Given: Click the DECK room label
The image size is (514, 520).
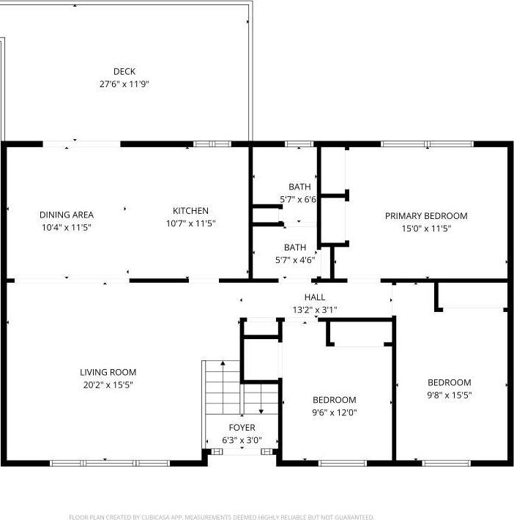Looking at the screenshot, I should (x=124, y=72).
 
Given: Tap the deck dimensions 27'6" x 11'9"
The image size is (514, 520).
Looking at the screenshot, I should (x=124, y=83).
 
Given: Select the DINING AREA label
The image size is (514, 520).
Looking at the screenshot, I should (x=67, y=215).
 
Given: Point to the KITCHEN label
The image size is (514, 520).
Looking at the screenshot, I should (x=190, y=211).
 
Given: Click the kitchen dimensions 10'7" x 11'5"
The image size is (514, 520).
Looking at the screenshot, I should (x=190, y=223).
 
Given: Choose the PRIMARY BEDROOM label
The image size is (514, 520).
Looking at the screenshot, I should (x=426, y=216).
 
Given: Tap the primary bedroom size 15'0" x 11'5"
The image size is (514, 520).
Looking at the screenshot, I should (x=426, y=229).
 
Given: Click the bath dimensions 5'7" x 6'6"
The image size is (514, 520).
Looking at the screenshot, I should (x=298, y=199).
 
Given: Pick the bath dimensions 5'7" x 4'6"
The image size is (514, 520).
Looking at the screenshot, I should (x=295, y=259).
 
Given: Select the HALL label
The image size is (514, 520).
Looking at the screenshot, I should (x=316, y=297).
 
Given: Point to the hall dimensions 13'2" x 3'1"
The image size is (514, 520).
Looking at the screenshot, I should (x=316, y=309).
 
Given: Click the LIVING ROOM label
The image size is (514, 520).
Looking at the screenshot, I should (x=108, y=372).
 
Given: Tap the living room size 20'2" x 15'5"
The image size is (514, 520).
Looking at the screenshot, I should (x=108, y=385).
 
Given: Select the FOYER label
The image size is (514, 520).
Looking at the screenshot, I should (x=242, y=428).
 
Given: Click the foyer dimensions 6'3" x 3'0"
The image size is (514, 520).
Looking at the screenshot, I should (x=242, y=440).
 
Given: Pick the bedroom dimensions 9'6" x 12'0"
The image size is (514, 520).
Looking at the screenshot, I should (x=335, y=412).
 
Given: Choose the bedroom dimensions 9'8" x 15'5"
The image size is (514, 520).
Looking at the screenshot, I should (x=450, y=395).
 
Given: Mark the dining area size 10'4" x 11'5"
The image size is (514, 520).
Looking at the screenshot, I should (x=67, y=227).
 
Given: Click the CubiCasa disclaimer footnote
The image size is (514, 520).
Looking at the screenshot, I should (x=222, y=517).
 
